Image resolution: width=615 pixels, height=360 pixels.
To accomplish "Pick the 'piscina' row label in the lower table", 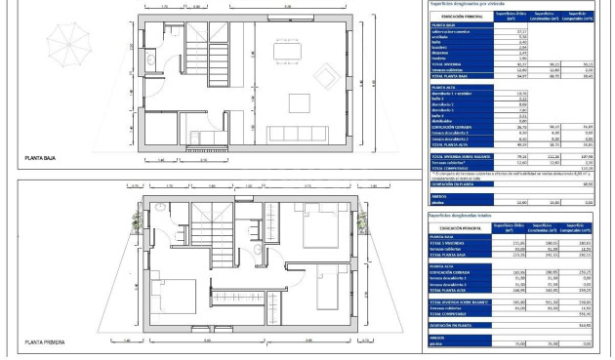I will click(439, 343).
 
